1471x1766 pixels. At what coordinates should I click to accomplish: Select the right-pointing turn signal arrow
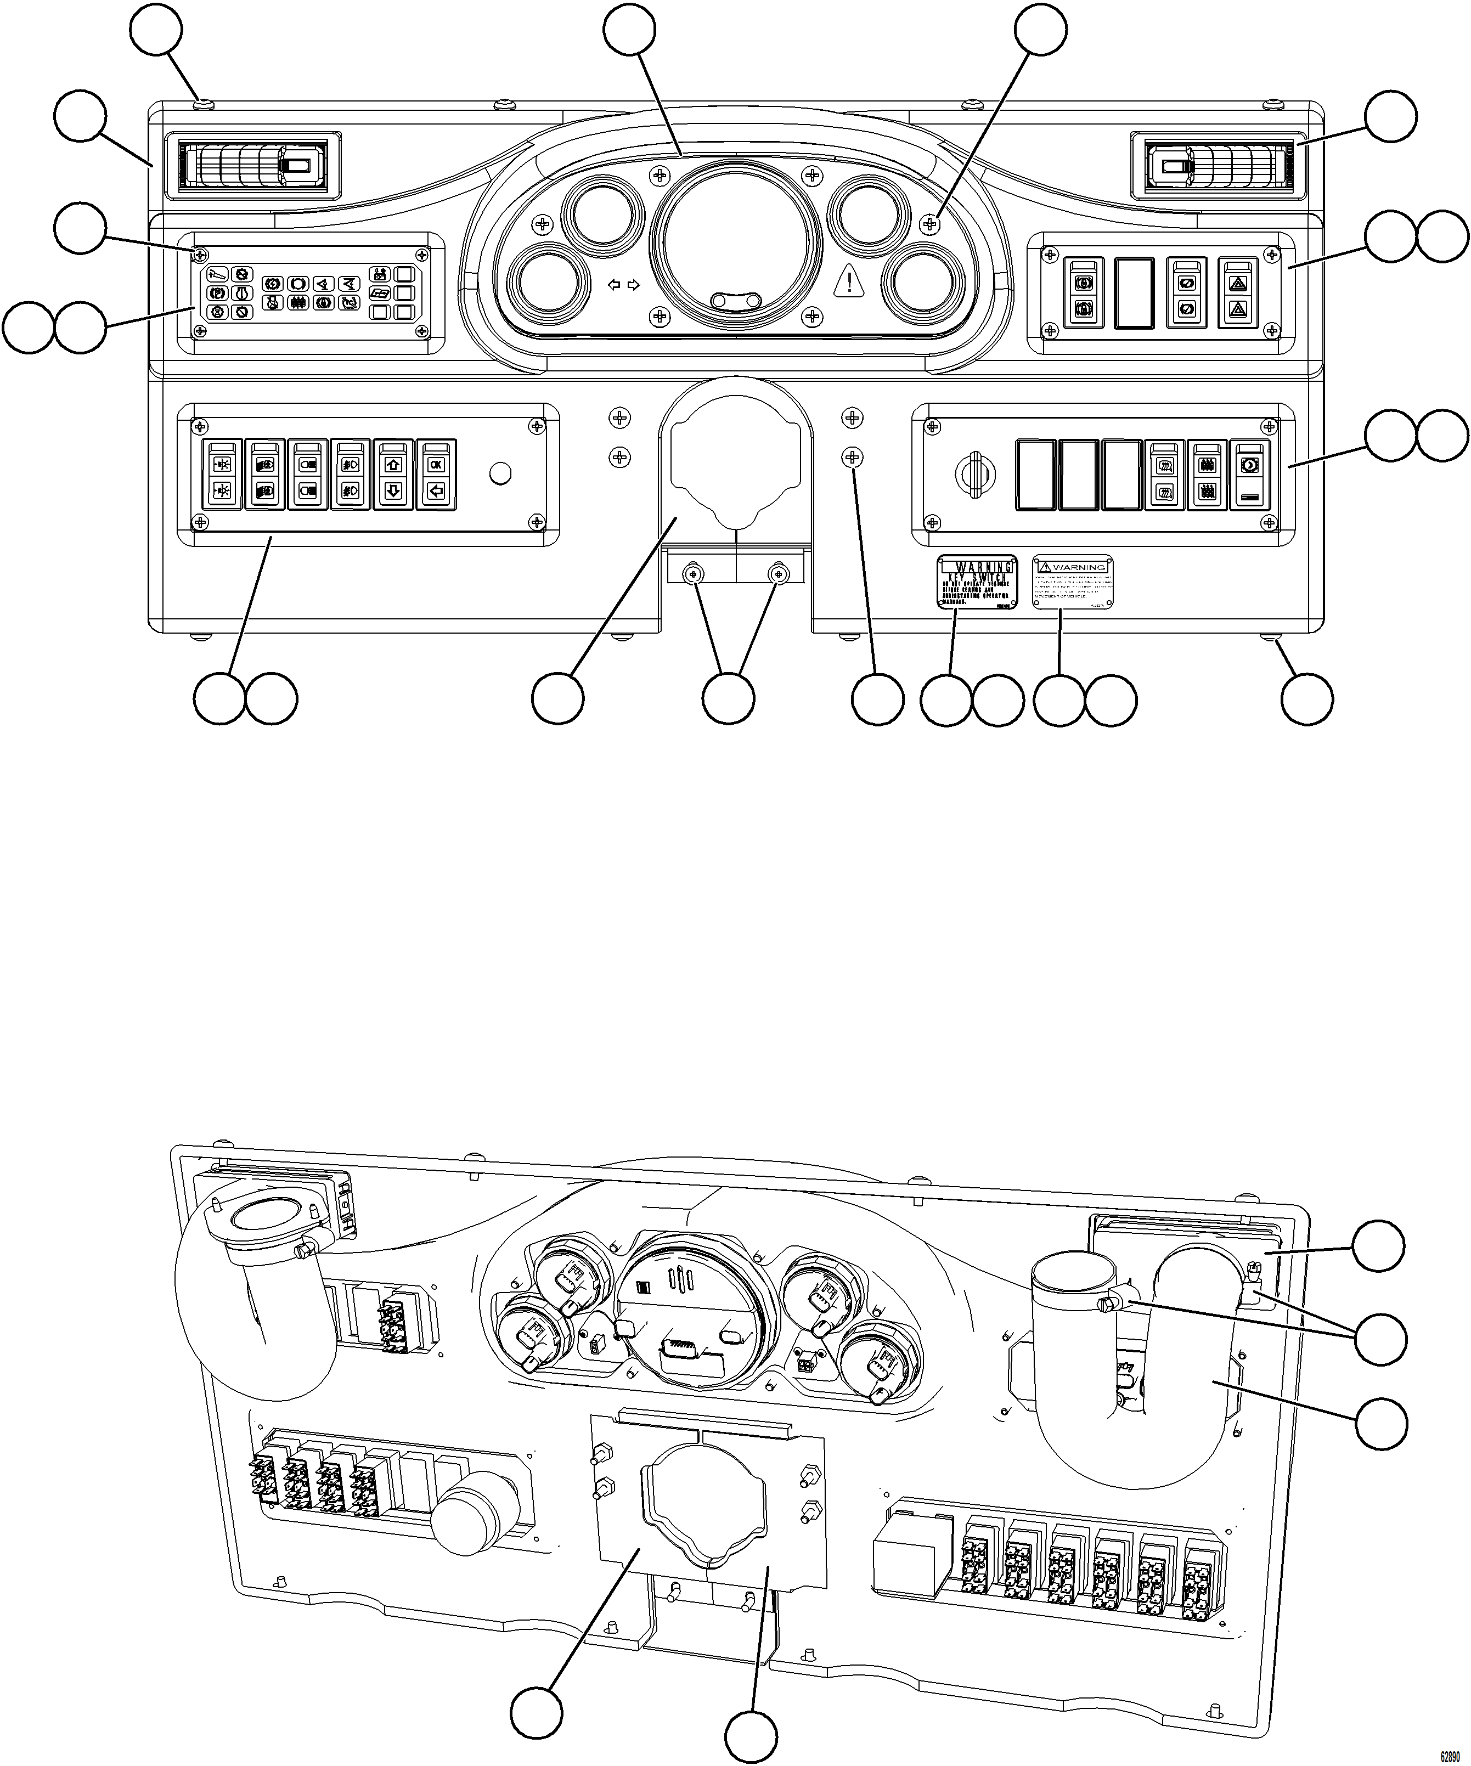633,285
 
